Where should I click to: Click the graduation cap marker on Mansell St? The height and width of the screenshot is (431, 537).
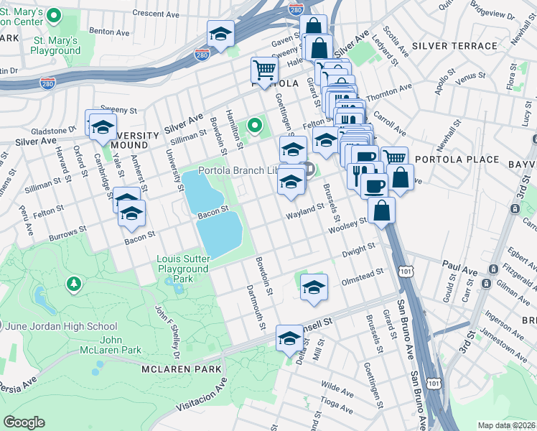point(289,338)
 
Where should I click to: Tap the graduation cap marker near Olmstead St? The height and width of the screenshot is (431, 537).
point(314,287)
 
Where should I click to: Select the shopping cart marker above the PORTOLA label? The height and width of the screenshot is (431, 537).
point(264,70)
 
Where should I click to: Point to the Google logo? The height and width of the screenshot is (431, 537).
point(24,422)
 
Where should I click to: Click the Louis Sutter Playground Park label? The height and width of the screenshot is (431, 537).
point(183,269)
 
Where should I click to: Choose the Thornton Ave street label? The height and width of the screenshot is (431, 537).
point(389,92)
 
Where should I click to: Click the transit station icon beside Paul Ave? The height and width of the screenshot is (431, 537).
point(493,269)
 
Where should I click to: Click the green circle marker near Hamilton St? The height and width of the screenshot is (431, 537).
point(254,126)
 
